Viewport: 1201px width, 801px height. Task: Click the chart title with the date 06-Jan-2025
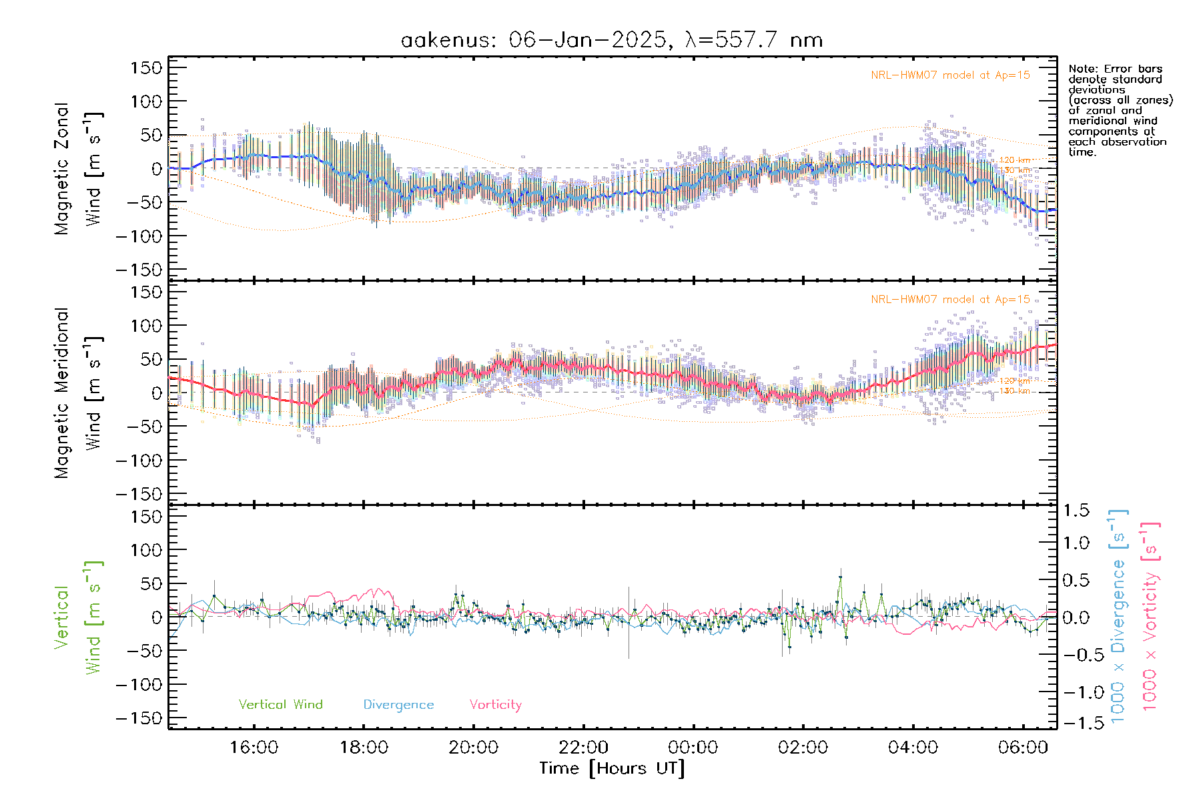[x=611, y=40]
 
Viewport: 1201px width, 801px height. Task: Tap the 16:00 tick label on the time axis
[x=254, y=748]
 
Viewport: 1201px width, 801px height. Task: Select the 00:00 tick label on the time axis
[x=693, y=748]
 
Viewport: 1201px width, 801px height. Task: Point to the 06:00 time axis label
[x=1022, y=748]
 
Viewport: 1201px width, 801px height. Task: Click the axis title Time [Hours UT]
[x=612, y=768]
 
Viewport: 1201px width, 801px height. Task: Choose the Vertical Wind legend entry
[x=280, y=705]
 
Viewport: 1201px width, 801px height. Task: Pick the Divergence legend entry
[x=398, y=705]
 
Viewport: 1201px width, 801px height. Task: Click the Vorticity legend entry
[x=495, y=705]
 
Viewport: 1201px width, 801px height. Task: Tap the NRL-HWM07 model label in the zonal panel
[x=950, y=75]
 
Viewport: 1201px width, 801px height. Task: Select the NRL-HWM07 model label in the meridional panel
[x=950, y=300]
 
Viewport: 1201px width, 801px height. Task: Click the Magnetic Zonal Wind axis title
[x=78, y=169]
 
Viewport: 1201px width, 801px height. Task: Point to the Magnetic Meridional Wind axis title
[x=78, y=393]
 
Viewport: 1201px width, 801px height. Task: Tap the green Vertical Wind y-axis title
[x=78, y=617]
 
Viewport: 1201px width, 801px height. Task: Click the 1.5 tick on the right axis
[x=1076, y=511]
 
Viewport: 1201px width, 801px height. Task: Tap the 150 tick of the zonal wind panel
[x=146, y=67]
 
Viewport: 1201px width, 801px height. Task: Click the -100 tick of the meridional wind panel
[x=139, y=461]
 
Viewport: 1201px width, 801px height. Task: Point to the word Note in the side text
[x=1081, y=69]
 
